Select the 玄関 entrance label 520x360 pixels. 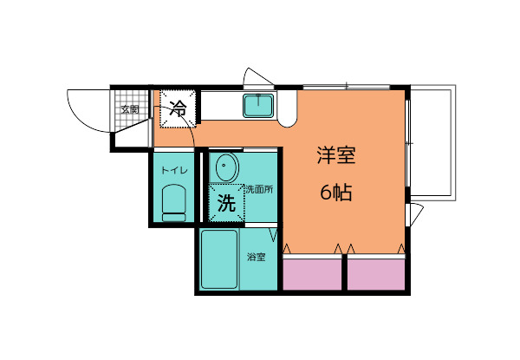point(130,110)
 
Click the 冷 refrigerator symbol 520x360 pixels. point(177,109)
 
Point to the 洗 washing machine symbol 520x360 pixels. point(225,205)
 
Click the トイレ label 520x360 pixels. point(173,170)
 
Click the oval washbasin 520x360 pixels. point(227,167)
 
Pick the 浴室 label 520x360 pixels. point(257,257)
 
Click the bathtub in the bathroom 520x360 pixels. point(220,259)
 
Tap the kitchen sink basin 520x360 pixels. point(258,107)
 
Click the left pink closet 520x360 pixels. point(313,273)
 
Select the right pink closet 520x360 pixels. point(377,273)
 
